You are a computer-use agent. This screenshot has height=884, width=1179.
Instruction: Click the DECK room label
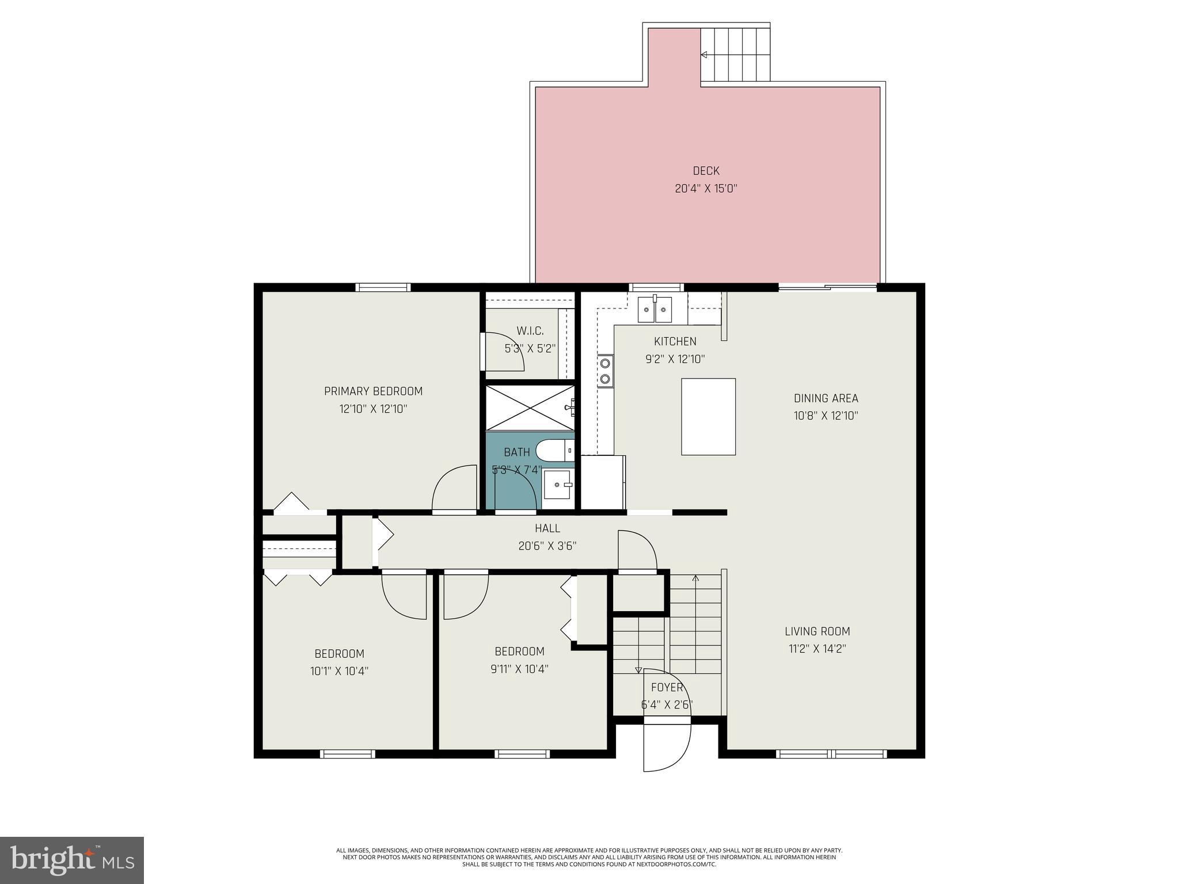(x=706, y=171)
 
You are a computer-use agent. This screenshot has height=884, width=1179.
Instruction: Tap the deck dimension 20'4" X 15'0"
(x=706, y=188)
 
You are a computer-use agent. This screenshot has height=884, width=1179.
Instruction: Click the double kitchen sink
(x=655, y=311)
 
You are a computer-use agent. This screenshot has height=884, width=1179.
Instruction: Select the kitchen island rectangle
(x=708, y=417)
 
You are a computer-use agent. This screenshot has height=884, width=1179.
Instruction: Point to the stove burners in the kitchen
(x=605, y=371)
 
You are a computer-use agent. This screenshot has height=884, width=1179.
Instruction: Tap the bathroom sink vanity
(x=557, y=485)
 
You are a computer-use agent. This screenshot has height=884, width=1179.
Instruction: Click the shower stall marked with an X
(x=530, y=407)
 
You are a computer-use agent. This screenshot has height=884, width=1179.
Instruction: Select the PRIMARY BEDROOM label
(x=373, y=391)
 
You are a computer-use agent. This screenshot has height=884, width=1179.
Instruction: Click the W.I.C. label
(x=530, y=331)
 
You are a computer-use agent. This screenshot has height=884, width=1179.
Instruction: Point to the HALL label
(x=547, y=528)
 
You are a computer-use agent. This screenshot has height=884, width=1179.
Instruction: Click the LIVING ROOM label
(x=817, y=631)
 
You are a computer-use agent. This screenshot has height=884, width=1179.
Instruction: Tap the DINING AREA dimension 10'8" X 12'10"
(x=826, y=416)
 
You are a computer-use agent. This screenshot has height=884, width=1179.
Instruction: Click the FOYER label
(x=667, y=687)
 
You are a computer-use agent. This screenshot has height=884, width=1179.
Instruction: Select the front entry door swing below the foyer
(x=666, y=748)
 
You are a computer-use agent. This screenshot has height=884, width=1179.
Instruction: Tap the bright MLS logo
(x=72, y=860)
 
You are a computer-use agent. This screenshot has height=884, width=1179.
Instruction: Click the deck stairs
(x=735, y=55)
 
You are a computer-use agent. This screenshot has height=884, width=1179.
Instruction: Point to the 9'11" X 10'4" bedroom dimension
(x=519, y=669)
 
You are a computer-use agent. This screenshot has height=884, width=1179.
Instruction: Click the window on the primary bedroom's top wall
(x=383, y=287)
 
